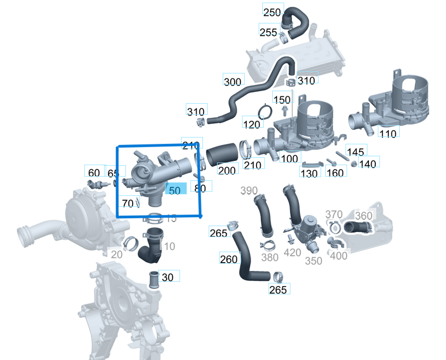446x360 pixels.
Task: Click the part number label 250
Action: tap(272, 13)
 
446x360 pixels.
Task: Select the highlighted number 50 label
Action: tap(175, 191)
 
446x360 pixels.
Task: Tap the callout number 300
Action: tap(233, 82)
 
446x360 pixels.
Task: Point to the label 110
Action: tap(388, 134)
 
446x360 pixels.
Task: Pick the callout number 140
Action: tap(367, 164)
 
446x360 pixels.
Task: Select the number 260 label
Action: tap(228, 259)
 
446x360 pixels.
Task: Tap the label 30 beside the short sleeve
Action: tap(168, 277)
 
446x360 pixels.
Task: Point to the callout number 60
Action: tap(94, 173)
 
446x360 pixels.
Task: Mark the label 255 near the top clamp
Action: tap(269, 32)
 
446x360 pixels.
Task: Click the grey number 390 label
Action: tap(249, 191)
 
